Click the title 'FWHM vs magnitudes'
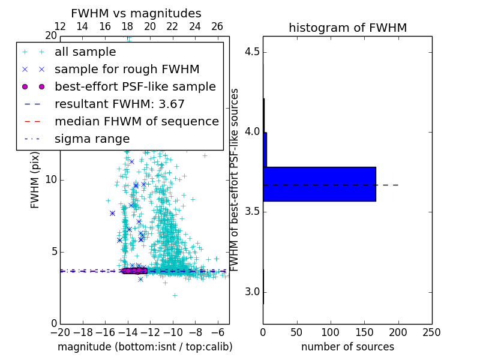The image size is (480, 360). pyautogui.click(x=136, y=13)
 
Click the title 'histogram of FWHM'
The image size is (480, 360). pyautogui.click(x=347, y=28)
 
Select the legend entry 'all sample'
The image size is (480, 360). pyautogui.click(x=85, y=52)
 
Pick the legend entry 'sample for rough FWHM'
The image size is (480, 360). pyautogui.click(x=127, y=70)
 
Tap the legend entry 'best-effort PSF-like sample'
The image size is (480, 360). pyautogui.click(x=135, y=86)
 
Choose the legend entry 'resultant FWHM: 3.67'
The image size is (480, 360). pyautogui.click(x=119, y=104)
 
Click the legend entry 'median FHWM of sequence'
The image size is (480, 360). pyautogui.click(x=136, y=121)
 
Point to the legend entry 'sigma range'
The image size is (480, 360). pyautogui.click(x=92, y=139)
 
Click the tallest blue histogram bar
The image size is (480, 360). pyautogui.click(x=319, y=184)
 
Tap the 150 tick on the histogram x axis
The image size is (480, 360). pyautogui.click(x=364, y=332)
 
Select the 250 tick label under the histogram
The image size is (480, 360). pyautogui.click(x=431, y=332)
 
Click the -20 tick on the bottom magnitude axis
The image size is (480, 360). pyautogui.click(x=60, y=332)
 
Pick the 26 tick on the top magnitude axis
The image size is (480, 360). pyautogui.click(x=217, y=27)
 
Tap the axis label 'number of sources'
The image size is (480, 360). pyautogui.click(x=347, y=347)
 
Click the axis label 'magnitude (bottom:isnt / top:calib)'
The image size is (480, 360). pyautogui.click(x=145, y=347)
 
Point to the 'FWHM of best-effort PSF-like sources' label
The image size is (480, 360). pyautogui.click(x=235, y=180)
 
